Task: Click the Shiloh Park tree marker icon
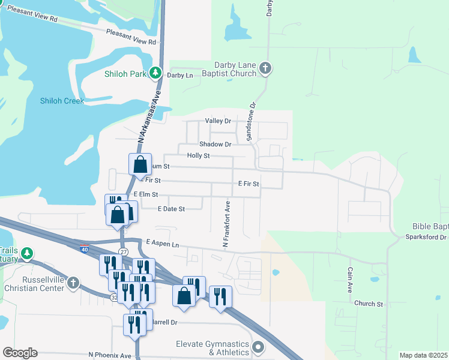[156, 73]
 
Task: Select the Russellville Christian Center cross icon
[73, 283]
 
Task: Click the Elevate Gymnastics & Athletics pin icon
[259, 347]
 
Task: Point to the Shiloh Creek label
[62, 101]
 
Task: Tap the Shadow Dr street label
[215, 145]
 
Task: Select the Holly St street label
[198, 155]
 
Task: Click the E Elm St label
[146, 194]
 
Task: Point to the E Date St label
[171, 209]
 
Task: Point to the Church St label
[368, 304]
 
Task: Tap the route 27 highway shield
[123, 251]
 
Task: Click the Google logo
[20, 353]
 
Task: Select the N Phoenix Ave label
[110, 355]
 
